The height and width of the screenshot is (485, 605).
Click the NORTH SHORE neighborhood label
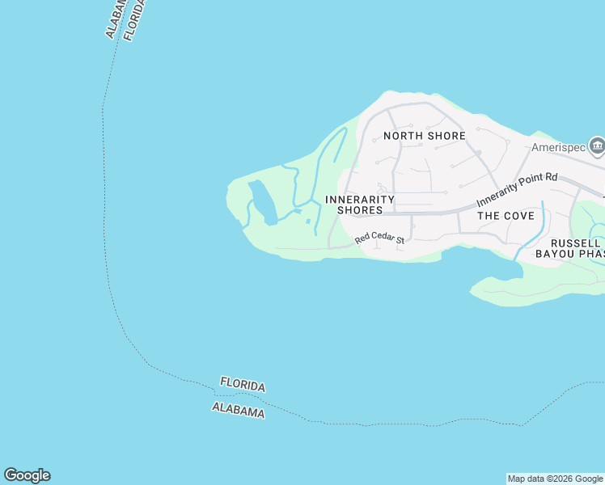425,136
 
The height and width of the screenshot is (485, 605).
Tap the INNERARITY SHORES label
360,205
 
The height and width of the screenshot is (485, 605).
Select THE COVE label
506,216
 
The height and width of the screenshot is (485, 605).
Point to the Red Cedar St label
379,239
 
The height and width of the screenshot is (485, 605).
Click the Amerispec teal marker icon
597,146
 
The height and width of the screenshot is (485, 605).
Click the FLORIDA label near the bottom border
243,386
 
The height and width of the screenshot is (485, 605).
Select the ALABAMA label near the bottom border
239,410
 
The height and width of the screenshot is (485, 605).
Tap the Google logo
27,475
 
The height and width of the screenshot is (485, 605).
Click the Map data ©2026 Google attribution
555,479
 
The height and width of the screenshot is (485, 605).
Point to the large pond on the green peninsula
263,202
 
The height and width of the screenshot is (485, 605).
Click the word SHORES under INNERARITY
360,210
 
